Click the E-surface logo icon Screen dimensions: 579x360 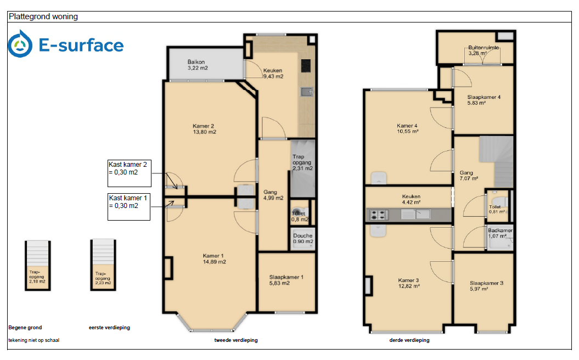coord(20,44)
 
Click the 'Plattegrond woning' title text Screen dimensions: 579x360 coord(43,16)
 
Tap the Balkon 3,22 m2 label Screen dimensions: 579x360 coord(198,65)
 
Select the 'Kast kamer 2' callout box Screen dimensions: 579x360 coord(129,173)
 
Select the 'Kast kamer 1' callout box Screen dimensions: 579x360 coord(129,207)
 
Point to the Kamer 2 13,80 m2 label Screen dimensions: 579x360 coord(204,129)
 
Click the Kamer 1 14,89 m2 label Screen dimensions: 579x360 coord(214,259)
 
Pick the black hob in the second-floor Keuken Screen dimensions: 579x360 coord(306,66)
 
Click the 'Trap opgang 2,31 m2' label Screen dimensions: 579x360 coord(302,162)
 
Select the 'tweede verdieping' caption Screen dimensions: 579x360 coord(236,340)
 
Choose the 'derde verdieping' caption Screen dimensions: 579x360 coord(409,340)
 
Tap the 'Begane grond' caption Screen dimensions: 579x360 coord(25,328)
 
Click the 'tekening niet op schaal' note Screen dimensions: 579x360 coord(34,340)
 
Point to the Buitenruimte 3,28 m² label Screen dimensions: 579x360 coord(484,50)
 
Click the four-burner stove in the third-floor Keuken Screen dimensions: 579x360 coord(378,215)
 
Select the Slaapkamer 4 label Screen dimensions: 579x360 coord(484,100)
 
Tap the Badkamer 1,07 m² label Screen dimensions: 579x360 coord(500,233)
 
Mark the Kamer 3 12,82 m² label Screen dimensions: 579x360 coord(409,283)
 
